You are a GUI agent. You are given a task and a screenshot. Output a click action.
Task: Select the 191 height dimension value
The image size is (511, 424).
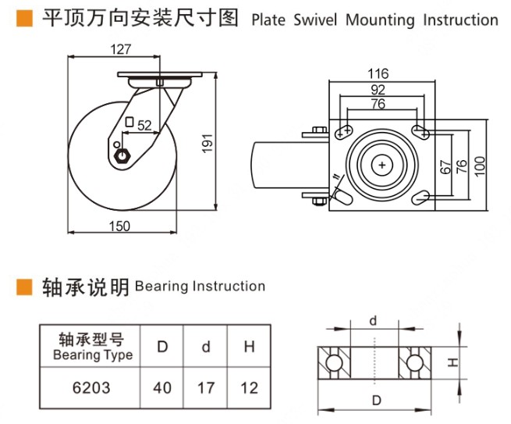pos(207,141)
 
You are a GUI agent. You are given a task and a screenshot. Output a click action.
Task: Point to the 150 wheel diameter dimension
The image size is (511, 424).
pos(119,226)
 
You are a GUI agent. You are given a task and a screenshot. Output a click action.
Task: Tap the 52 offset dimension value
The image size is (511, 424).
pos(145,125)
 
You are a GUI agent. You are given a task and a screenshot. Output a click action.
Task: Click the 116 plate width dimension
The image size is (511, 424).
pos(378,74)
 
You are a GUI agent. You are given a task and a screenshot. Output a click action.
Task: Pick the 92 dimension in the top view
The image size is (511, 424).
pos(378,89)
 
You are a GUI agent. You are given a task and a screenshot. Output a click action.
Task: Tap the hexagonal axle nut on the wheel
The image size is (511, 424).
pos(120,155)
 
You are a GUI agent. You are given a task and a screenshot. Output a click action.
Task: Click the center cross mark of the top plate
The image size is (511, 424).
pos(382,166)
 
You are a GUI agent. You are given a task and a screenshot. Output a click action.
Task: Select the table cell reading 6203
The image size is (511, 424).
pos(91,387)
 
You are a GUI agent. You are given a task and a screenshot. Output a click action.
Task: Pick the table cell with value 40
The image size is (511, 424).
pos(162,387)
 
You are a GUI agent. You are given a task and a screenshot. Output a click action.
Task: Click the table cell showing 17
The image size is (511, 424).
pos(206,387)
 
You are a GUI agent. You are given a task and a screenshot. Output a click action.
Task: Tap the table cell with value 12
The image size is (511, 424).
pos(249,387)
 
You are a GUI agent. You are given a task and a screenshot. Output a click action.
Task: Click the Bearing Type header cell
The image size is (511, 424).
pos(91,347)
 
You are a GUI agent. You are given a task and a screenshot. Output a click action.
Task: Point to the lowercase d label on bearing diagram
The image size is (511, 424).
pos(373,320)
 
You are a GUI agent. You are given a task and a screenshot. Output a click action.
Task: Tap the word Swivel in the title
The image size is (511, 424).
pos(317,20)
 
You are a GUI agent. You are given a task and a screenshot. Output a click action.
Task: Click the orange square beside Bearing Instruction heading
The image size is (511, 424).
pos(25,287)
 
